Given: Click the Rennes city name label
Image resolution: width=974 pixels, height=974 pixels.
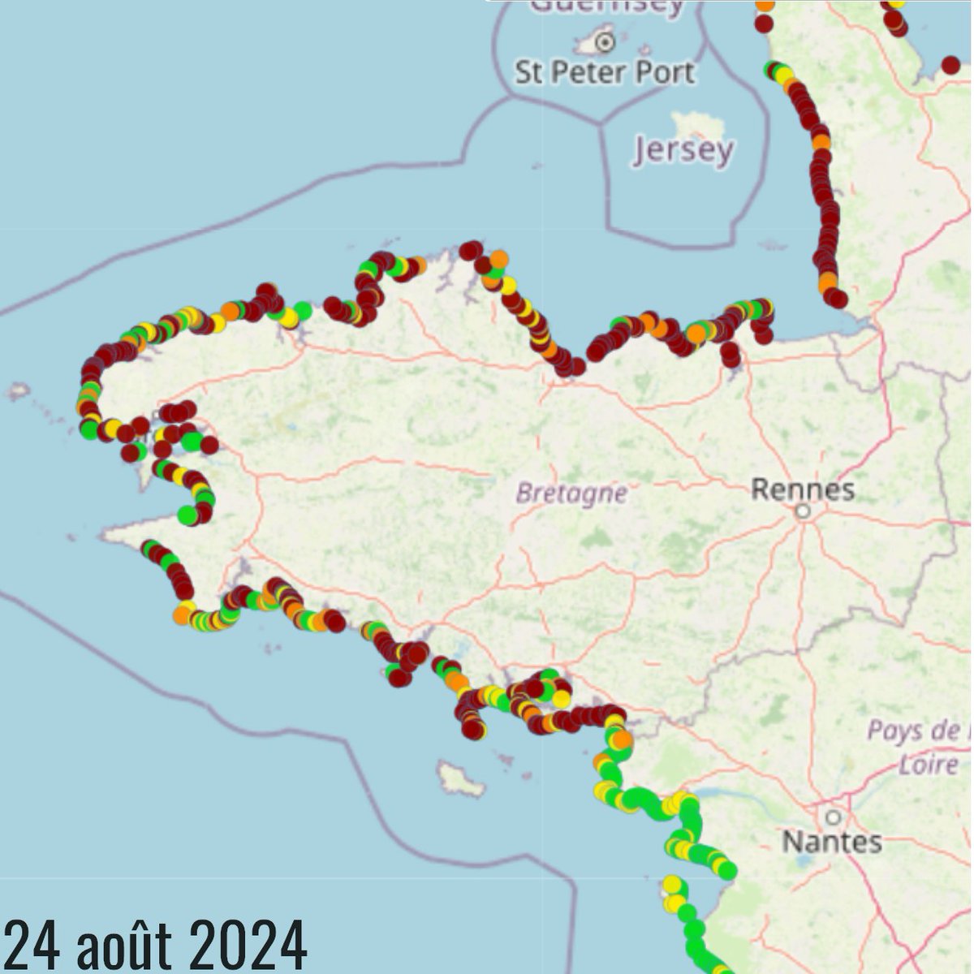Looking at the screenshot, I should pos(803,489).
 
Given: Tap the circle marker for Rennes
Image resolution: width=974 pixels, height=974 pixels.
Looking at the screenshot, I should pos(803,511).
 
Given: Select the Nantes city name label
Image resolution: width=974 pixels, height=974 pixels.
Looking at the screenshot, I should pos(831,842).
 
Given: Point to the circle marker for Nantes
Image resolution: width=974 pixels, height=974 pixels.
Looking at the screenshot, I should pos(832,817).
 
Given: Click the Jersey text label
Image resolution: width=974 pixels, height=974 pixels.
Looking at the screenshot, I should pos(683,151).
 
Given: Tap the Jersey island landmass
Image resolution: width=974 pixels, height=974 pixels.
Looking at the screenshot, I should pos(697,124).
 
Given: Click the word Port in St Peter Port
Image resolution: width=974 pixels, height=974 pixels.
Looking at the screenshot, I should pos(665,72).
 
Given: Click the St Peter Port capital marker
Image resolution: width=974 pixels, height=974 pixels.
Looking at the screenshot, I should pos(604,41).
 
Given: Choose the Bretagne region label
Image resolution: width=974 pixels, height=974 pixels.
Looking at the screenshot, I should pos(571,493).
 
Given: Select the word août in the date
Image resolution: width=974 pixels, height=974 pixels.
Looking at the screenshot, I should pos(128,945).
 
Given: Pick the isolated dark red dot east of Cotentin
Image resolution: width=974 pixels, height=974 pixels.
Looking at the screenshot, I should pos(950,64).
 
